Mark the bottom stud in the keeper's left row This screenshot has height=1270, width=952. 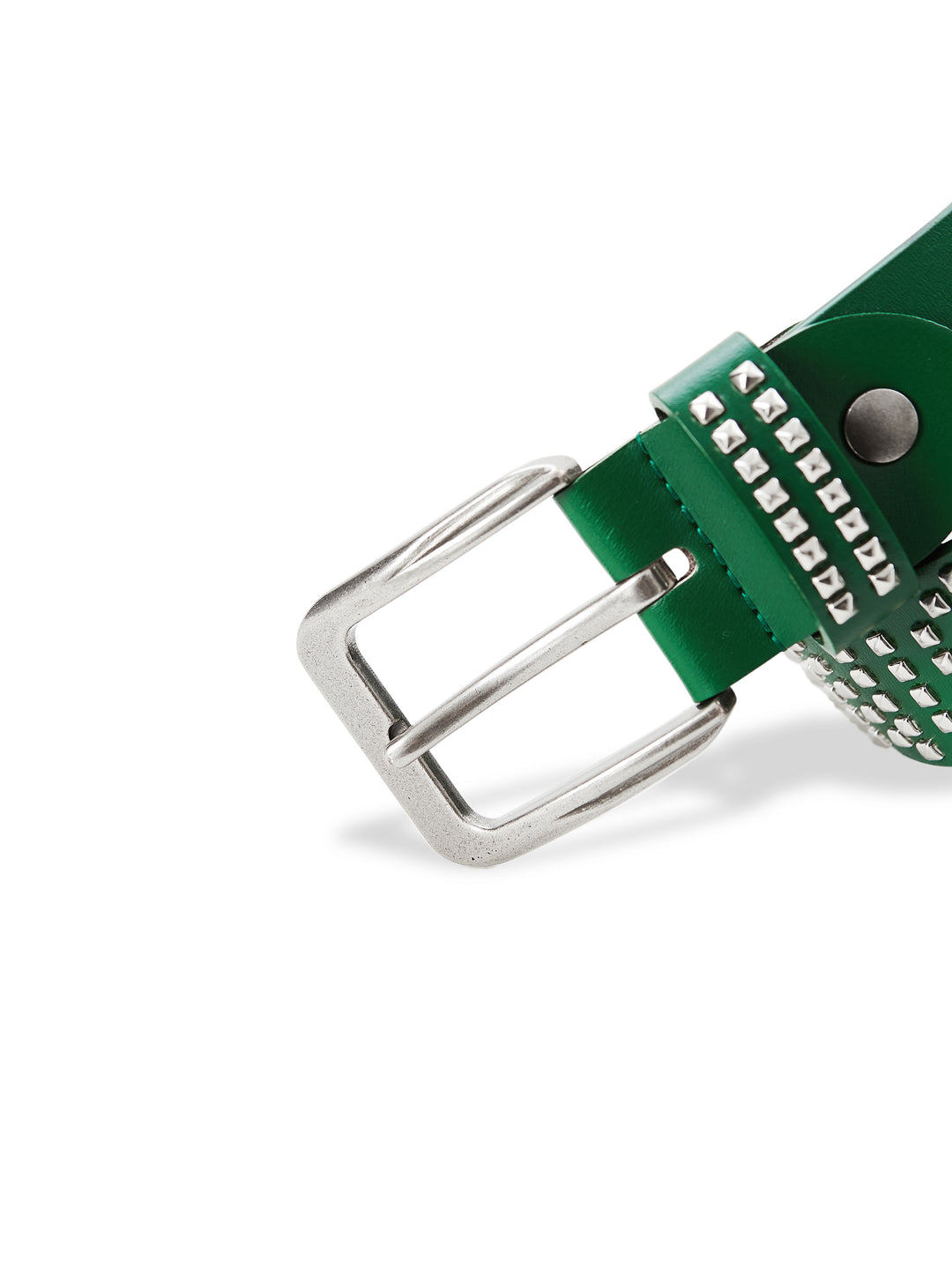click(x=840, y=607)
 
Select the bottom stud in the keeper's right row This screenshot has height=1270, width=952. click(x=883, y=579)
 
